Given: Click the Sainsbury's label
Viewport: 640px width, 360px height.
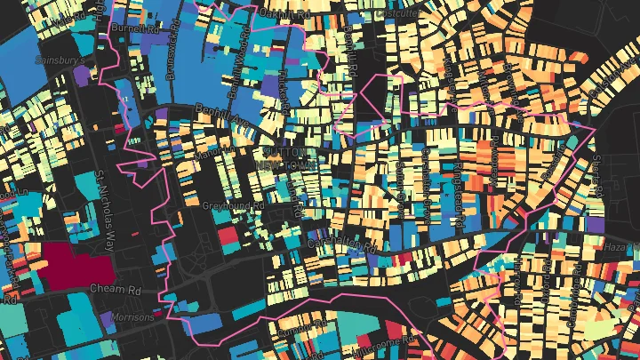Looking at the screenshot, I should click(59, 60).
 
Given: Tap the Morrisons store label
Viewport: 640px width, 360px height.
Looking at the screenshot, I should click(132, 317).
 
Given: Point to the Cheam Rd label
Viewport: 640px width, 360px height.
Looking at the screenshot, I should click(116, 290).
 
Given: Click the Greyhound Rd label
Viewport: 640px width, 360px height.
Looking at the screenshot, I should click(234, 204).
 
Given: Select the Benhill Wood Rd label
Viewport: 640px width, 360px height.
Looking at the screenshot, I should click(234, 76).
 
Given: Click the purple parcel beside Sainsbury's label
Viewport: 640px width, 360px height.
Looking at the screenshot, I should click(81, 76).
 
